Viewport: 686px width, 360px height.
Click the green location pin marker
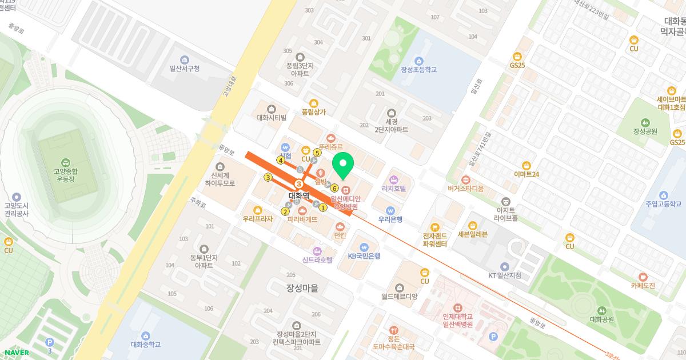343,166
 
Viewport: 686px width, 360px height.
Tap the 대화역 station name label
298,195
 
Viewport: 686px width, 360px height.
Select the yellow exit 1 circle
323,207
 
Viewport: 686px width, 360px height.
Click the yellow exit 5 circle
317,153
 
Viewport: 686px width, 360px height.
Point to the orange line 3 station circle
298,183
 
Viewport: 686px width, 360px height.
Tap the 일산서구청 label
184,68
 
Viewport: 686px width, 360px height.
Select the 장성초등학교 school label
418,69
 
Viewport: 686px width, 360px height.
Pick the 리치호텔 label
393,187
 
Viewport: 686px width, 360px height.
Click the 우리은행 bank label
390,219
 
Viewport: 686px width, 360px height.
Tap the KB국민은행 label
364,255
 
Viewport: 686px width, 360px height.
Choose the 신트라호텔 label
317,259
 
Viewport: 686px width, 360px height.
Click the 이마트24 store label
527,174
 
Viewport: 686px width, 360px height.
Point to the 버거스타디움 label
465,187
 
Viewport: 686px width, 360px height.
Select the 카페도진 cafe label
643,285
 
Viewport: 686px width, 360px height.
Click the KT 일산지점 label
504,275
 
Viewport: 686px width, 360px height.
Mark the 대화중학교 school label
146,344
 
